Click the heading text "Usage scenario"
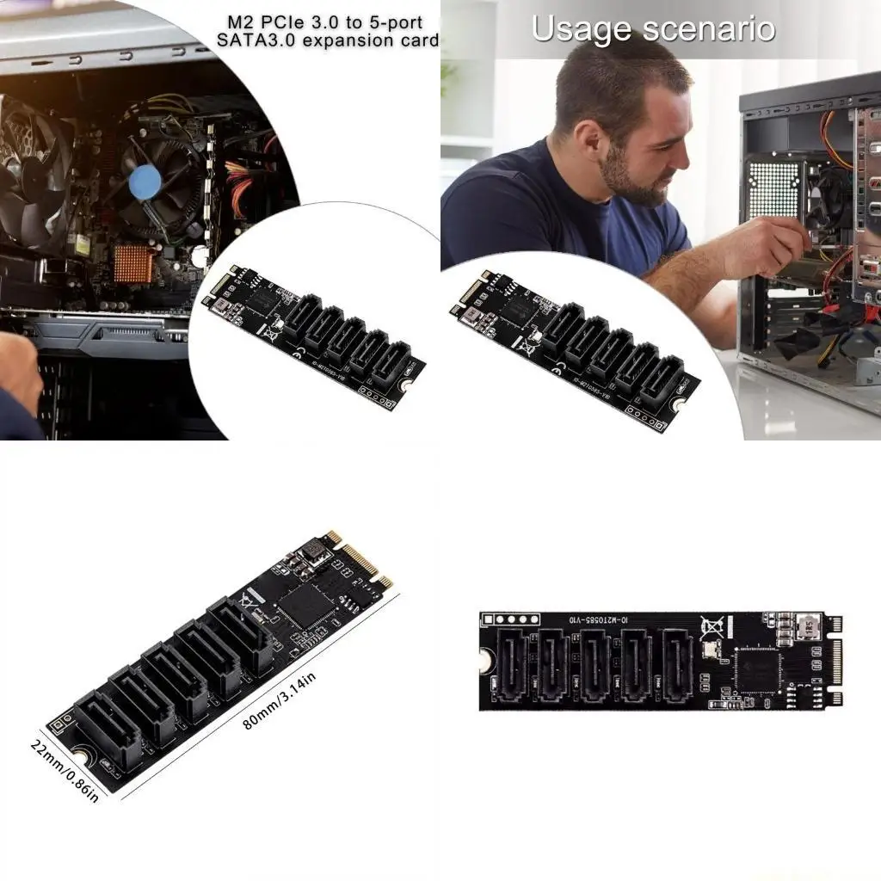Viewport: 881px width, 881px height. point(653,28)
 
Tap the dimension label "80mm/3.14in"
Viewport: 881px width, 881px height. point(280,700)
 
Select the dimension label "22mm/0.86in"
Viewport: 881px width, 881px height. point(65,769)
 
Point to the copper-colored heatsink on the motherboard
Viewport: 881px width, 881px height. point(134,264)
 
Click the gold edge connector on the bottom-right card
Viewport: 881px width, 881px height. point(835,662)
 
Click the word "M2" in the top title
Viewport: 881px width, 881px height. point(239,22)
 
